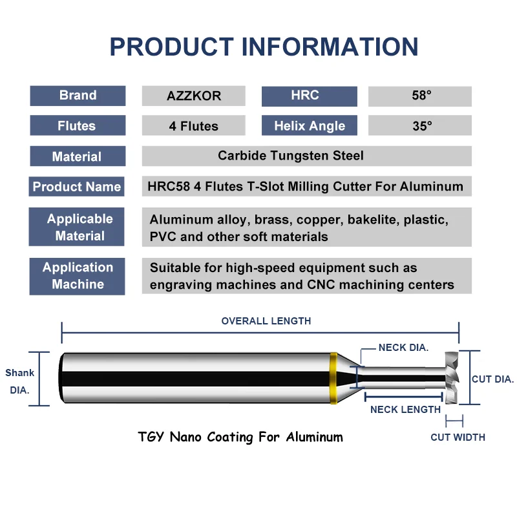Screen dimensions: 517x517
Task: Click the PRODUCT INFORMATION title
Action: [x=264, y=47]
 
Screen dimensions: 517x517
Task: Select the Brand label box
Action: [x=78, y=96]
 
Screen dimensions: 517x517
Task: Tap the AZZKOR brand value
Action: [x=194, y=96]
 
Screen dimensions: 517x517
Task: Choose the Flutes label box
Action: [x=78, y=126]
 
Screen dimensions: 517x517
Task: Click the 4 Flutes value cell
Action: [x=194, y=127]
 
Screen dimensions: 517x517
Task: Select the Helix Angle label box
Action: [x=309, y=126]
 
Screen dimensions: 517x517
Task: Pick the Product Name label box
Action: [x=77, y=187]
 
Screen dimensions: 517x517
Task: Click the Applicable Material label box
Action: [x=77, y=227]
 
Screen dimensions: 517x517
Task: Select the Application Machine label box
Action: [x=77, y=276]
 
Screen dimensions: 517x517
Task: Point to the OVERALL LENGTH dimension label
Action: [x=266, y=321]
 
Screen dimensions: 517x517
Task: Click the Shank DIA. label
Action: [x=19, y=381]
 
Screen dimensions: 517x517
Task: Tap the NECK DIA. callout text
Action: [x=403, y=348]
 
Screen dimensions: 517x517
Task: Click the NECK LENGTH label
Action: [x=405, y=409]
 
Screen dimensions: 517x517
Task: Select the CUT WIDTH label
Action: [x=458, y=438]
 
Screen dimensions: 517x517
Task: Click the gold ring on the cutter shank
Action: [x=333, y=379]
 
